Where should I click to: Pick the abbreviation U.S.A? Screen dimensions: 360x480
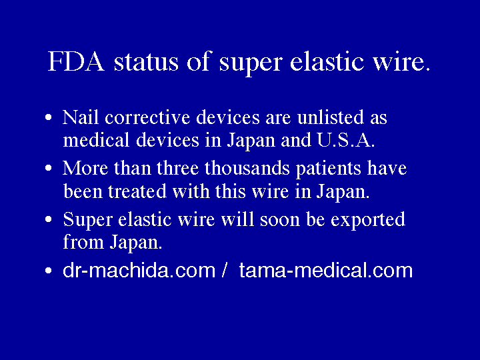(347, 141)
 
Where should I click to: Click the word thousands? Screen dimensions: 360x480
(246, 168)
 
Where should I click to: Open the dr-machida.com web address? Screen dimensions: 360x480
(139, 271)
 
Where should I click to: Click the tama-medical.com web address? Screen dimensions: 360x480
(326, 271)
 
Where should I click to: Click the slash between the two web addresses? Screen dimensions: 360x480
(225, 271)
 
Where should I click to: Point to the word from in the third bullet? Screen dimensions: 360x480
(79, 242)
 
